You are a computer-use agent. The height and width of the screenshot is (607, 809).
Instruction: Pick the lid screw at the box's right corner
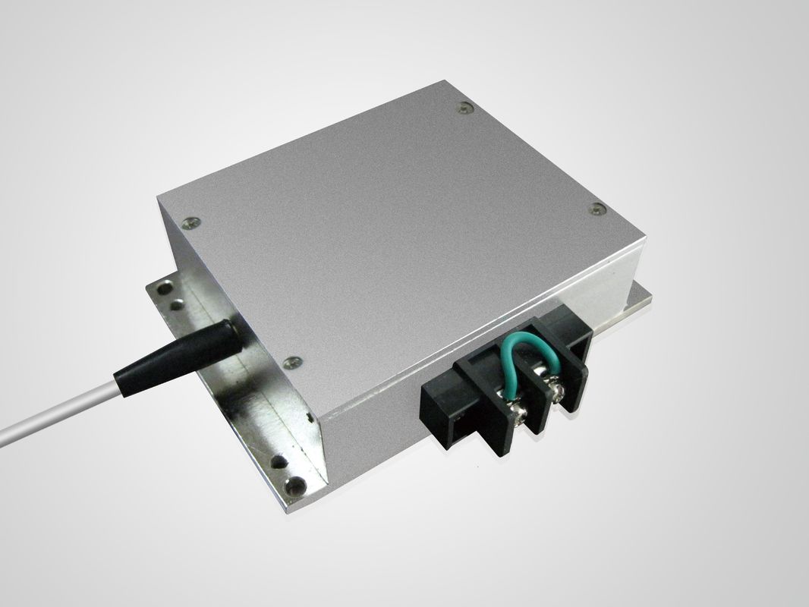click(x=597, y=209)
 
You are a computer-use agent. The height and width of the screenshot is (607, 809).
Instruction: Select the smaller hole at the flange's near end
click(x=280, y=461)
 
